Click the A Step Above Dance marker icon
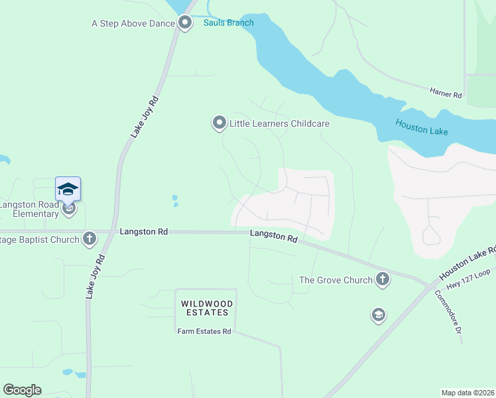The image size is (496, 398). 186,24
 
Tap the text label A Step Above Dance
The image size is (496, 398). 133,24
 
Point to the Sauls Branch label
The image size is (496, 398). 228,23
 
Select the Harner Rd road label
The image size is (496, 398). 445,95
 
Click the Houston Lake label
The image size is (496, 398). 421,127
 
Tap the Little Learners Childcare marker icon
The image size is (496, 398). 219,123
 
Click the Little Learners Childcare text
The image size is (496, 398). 279,123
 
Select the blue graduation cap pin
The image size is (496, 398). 68,190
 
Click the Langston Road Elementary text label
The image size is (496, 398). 29,210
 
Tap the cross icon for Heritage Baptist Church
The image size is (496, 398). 90,238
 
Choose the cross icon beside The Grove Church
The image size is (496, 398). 383,279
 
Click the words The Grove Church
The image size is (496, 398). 336,280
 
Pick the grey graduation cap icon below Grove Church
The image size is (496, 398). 378,314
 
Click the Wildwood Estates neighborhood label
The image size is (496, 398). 205,308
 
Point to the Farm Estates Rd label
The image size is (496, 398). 204,332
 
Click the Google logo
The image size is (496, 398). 22,390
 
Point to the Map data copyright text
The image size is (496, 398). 467,393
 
